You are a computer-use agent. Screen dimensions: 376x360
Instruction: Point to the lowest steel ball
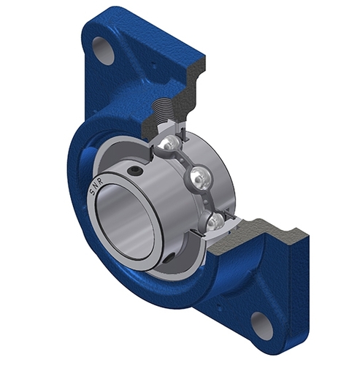(216, 222)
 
